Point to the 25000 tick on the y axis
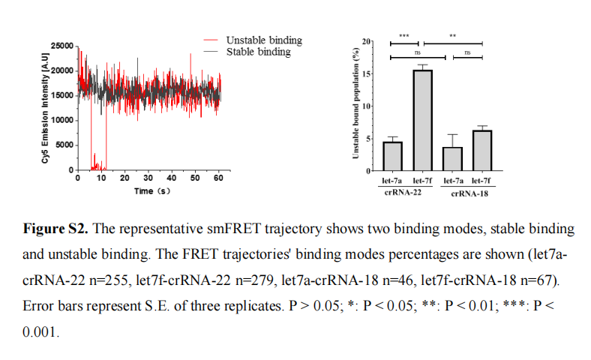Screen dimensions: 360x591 coord(61,46)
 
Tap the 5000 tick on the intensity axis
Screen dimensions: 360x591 coord(64,145)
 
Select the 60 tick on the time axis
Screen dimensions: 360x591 coord(217,178)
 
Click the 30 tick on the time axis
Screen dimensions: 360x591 coord(148,178)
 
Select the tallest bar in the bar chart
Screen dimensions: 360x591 coord(423,120)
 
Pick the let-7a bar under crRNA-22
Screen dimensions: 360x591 coord(393,156)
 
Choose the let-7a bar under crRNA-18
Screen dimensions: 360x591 coord(453,158)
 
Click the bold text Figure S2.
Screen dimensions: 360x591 coord(52,227)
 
